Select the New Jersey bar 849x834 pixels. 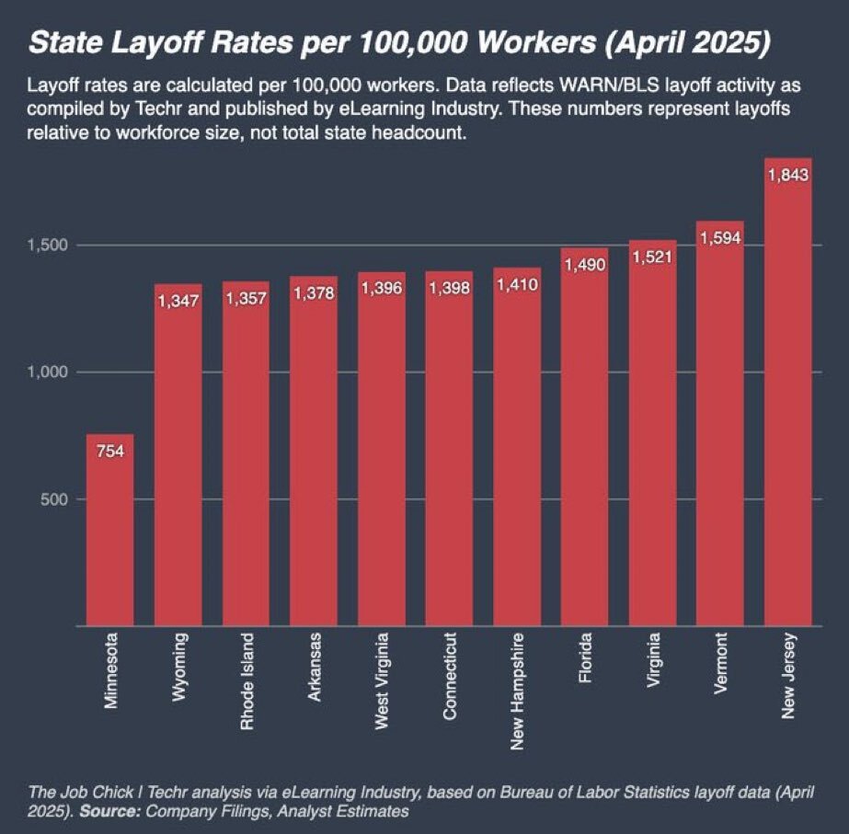coord(788,395)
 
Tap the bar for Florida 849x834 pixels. coord(584,441)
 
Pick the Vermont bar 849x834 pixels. coord(720,432)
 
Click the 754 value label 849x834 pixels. coord(110,451)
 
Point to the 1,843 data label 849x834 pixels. coord(788,176)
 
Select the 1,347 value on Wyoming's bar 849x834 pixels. coord(178,302)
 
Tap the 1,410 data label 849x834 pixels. coord(517,285)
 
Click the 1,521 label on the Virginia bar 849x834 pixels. coord(652,257)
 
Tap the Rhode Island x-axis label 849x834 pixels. coord(247,681)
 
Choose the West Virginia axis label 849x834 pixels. coord(382,681)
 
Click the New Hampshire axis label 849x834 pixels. coord(517,690)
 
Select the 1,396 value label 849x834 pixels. coord(382,289)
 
